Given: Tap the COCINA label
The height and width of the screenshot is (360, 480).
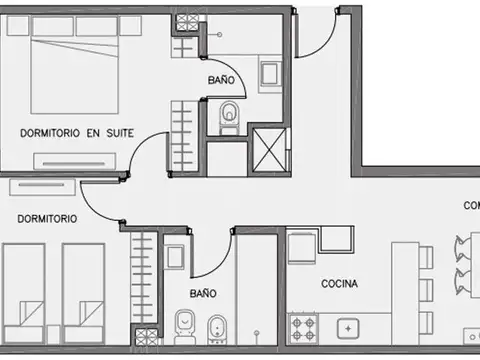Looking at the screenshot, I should [340, 283].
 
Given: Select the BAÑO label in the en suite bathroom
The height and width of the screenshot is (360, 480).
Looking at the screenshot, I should [222, 78].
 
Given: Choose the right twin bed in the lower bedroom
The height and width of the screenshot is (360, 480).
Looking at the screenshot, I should [83, 290].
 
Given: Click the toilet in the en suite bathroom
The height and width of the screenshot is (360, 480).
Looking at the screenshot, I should [229, 115].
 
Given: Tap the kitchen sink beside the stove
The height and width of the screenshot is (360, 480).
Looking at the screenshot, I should [348, 327].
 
